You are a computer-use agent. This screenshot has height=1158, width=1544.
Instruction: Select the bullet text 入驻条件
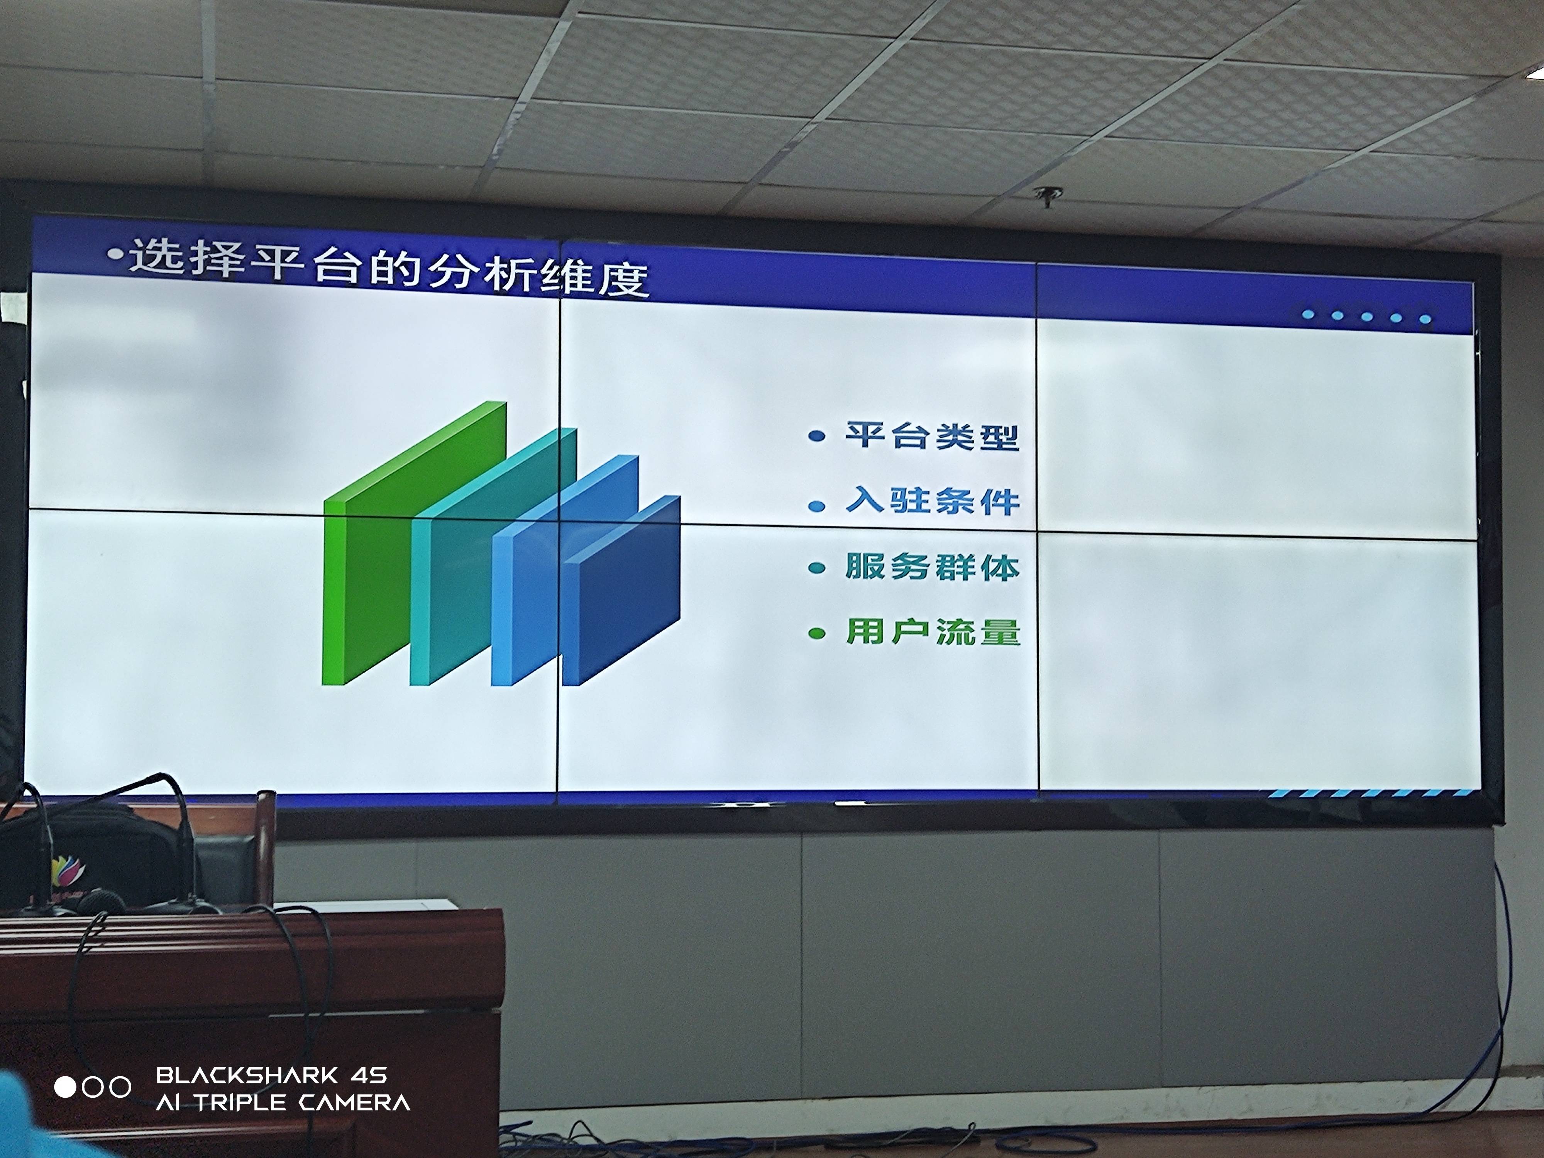pyautogui.click(x=933, y=501)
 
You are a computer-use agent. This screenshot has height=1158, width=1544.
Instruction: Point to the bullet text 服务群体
pyautogui.click(x=933, y=567)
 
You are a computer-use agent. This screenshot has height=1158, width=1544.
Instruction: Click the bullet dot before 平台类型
pyautogui.click(x=817, y=437)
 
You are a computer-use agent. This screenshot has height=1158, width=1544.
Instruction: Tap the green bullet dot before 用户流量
pyautogui.click(x=817, y=634)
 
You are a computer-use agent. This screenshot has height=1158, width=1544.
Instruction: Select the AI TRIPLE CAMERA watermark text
pyautogui.click(x=283, y=1103)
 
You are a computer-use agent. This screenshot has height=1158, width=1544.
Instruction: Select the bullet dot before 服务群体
pyautogui.click(x=817, y=568)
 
